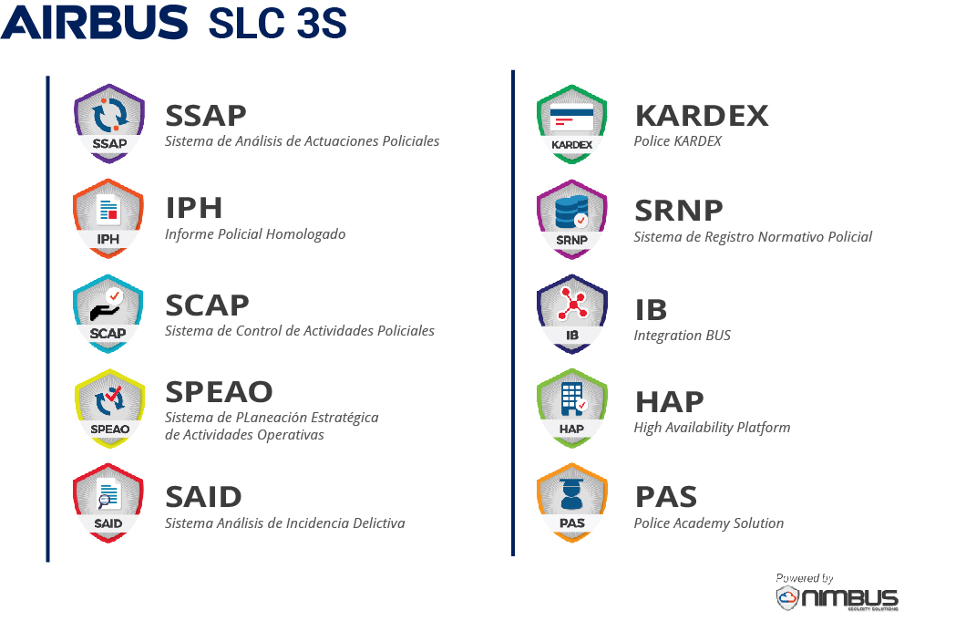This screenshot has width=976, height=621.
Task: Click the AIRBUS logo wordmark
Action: tap(94, 23)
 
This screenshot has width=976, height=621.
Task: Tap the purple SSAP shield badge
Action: tap(109, 123)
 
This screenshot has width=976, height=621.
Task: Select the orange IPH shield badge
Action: tap(108, 219)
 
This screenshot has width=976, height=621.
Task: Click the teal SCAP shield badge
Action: tap(108, 314)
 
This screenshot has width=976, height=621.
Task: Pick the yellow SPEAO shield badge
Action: tap(109, 409)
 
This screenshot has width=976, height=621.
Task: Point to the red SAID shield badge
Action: tap(108, 503)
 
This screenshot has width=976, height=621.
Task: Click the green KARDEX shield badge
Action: tap(572, 125)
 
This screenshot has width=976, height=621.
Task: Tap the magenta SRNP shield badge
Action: tap(572, 219)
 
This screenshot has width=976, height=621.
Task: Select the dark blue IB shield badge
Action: tap(572, 314)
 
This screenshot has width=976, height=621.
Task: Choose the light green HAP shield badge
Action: tap(572, 409)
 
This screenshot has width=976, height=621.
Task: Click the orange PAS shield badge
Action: tap(572, 503)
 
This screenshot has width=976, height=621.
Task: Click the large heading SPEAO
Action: tap(219, 392)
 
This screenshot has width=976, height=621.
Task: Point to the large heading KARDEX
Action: tap(702, 116)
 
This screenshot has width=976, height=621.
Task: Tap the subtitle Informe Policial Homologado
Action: tap(255, 234)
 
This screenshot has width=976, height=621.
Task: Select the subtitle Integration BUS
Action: tap(683, 335)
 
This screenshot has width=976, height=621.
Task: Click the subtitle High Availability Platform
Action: tap(712, 428)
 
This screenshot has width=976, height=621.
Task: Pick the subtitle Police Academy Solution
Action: tap(709, 523)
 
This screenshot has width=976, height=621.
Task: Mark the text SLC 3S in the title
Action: tap(278, 24)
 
